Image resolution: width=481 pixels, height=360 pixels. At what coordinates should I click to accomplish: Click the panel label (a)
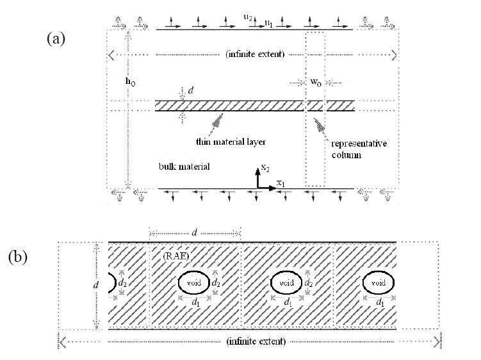[56, 38]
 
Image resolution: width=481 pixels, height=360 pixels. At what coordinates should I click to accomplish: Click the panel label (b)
[17, 257]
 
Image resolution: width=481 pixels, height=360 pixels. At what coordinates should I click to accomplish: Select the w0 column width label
[316, 83]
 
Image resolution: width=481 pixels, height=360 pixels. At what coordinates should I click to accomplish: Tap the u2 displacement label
[248, 17]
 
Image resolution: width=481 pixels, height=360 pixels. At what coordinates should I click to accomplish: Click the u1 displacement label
[270, 23]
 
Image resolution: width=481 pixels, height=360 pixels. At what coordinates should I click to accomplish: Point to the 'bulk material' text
[184, 167]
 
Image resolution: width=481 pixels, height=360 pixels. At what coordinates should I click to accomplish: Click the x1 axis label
[281, 184]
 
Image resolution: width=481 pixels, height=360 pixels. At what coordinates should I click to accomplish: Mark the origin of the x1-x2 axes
[258, 188]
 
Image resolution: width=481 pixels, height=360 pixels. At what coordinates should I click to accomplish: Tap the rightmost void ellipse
[378, 282]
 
